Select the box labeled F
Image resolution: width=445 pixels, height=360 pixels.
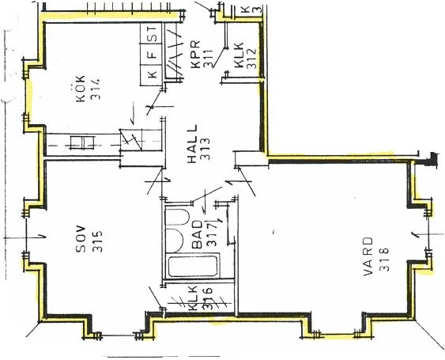pyautogui.click(x=153, y=55)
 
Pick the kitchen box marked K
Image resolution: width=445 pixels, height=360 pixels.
pyautogui.click(x=153, y=75)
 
